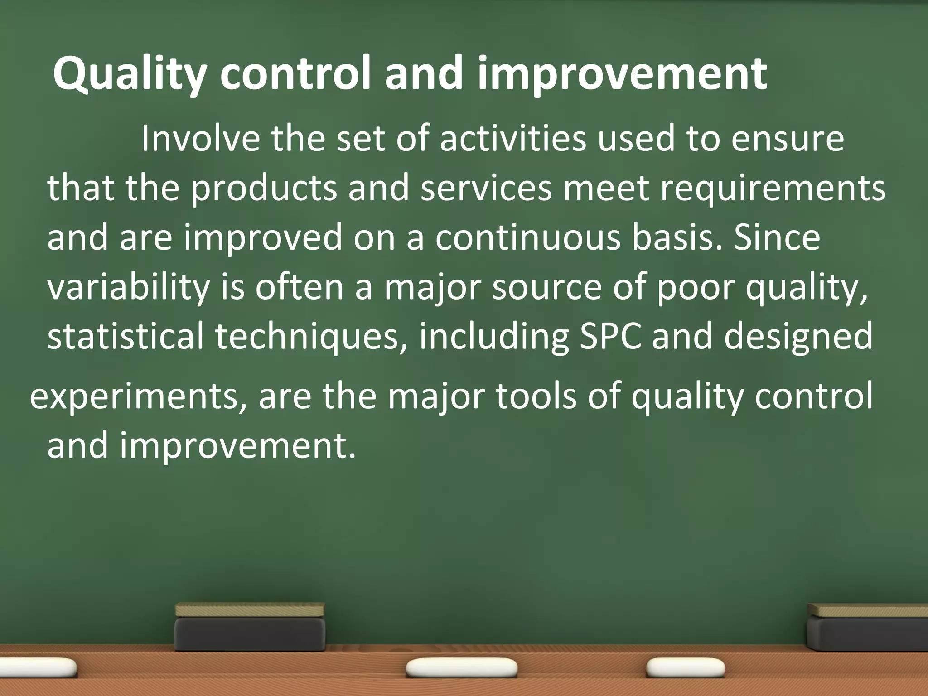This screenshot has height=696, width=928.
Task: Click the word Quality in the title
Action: (x=130, y=74)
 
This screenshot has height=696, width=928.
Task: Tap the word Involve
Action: (x=200, y=139)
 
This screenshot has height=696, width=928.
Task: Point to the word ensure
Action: (x=788, y=139)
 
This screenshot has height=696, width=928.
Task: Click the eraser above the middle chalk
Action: (x=250, y=627)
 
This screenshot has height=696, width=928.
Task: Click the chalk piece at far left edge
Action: (x=36, y=667)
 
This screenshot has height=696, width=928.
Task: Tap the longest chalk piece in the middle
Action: (x=461, y=668)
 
